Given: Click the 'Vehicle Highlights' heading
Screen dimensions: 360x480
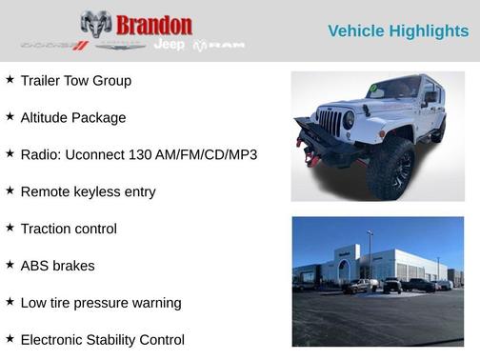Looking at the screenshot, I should pos(398,30).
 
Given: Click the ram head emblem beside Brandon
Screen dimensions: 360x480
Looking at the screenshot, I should pos(96,24).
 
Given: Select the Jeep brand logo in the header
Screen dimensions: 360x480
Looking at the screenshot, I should pos(170,45).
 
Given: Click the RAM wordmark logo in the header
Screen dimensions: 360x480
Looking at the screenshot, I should pos(220,45).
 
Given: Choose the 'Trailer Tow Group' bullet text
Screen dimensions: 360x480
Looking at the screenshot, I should pos(76,81).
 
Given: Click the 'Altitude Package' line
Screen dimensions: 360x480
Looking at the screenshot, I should pos(73,118).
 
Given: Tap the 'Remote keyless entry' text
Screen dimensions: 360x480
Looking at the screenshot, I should pos(88,191).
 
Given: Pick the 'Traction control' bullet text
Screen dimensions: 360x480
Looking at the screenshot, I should pos(69,229).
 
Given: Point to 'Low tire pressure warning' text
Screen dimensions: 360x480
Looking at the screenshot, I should pos(101,303).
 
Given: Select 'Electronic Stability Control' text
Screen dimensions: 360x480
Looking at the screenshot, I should pos(103,340).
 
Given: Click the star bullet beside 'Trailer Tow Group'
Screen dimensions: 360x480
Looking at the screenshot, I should pos(10,80).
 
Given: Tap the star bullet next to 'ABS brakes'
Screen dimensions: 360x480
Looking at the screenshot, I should pos(10,265).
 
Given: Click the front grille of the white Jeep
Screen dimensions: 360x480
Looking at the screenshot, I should pos(330,122).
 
